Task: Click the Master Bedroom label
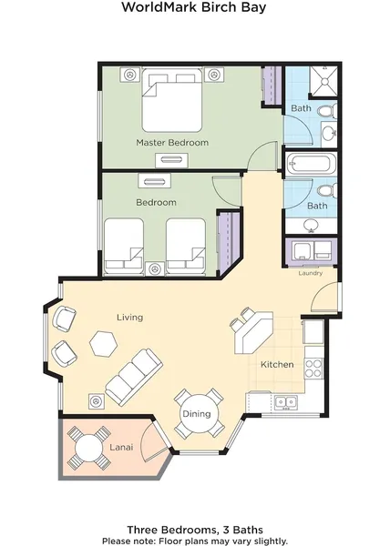[172, 143]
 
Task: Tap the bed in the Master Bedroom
[172, 100]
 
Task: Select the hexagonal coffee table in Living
[102, 343]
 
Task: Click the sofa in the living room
[134, 378]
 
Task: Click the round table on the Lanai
[89, 447]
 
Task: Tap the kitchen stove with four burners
[313, 369]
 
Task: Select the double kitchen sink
[285, 402]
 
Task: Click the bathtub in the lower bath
[311, 165]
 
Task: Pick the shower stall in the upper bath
[323, 81]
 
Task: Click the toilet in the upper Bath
[328, 111]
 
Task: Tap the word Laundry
[310, 273]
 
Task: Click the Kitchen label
[277, 365]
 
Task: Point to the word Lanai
[121, 447]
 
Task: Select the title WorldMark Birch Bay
[194, 7]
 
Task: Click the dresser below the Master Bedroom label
[171, 160]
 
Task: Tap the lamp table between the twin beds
[155, 268]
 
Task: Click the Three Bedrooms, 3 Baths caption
[195, 530]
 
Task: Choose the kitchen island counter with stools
[253, 333]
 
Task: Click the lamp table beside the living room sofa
[97, 401]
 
